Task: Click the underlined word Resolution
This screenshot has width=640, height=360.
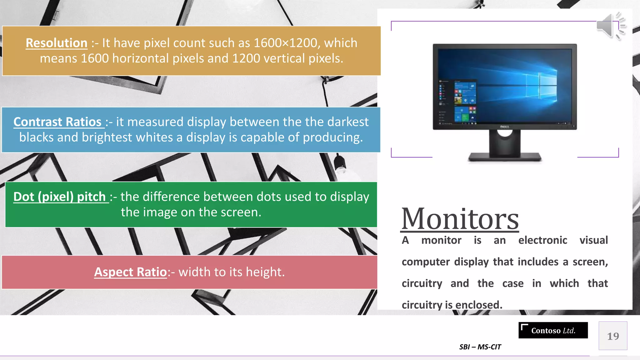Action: coord(57,43)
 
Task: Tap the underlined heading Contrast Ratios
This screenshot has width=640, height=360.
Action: coord(57,122)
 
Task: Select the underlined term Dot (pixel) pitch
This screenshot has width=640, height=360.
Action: coord(60,197)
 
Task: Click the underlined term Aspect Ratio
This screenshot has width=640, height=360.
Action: coord(131,272)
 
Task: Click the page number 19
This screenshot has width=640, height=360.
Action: coord(613,336)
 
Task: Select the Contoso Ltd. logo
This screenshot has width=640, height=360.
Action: coord(553,331)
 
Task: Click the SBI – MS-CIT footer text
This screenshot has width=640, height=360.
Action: coord(480,347)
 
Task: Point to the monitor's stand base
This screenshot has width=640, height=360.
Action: coord(504,157)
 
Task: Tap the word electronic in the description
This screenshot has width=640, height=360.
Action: coord(542,240)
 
